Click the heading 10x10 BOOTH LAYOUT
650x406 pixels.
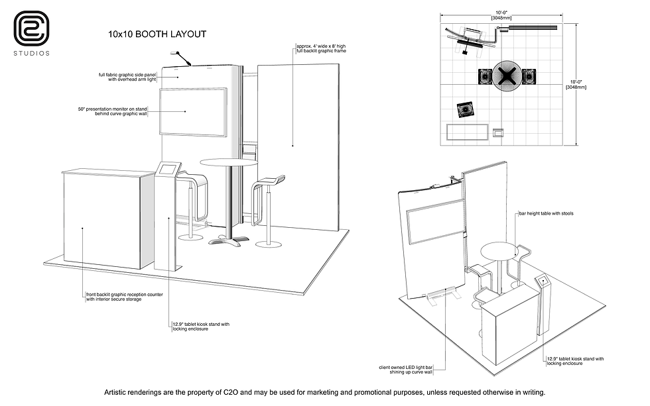157,34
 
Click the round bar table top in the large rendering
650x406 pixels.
228,162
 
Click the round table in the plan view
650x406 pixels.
506,77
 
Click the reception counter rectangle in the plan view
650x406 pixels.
468,132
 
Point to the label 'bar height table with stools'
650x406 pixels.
547,214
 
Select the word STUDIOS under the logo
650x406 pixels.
31,53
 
